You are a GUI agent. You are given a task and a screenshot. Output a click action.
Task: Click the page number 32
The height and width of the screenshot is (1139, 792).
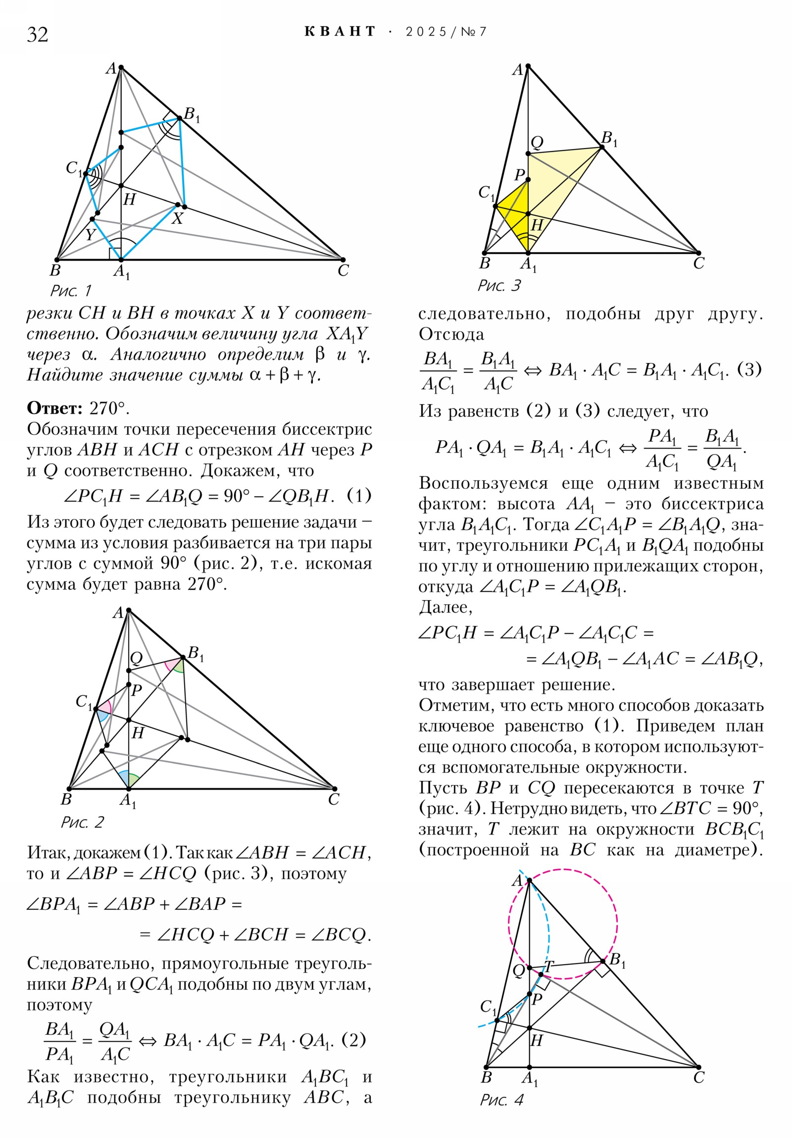(38, 35)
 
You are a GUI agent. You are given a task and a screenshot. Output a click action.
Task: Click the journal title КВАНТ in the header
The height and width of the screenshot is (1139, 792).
(340, 32)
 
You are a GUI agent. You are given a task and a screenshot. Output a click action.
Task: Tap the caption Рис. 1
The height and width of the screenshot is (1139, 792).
(71, 290)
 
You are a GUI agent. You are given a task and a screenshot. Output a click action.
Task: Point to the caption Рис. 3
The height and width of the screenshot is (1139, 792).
(499, 285)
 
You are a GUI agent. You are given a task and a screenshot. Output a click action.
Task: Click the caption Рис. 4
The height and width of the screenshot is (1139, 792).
(501, 1100)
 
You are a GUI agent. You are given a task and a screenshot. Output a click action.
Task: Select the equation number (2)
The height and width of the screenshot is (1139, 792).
(353, 1039)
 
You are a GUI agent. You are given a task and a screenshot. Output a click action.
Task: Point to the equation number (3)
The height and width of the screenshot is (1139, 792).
(749, 369)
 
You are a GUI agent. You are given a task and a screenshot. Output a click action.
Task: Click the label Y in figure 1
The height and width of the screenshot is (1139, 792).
(89, 235)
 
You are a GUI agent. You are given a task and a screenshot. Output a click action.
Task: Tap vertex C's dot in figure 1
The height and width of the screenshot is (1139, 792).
(343, 259)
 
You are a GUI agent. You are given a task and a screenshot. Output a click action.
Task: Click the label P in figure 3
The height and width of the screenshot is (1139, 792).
(519, 175)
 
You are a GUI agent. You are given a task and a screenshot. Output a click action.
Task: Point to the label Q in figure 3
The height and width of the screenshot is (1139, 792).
(537, 143)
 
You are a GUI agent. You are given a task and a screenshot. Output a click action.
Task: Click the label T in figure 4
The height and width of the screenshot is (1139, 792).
(548, 966)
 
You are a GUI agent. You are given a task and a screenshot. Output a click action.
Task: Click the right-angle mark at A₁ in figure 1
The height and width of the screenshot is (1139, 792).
(114, 254)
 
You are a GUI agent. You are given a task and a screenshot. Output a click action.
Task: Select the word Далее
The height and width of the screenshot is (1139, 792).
(445, 608)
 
